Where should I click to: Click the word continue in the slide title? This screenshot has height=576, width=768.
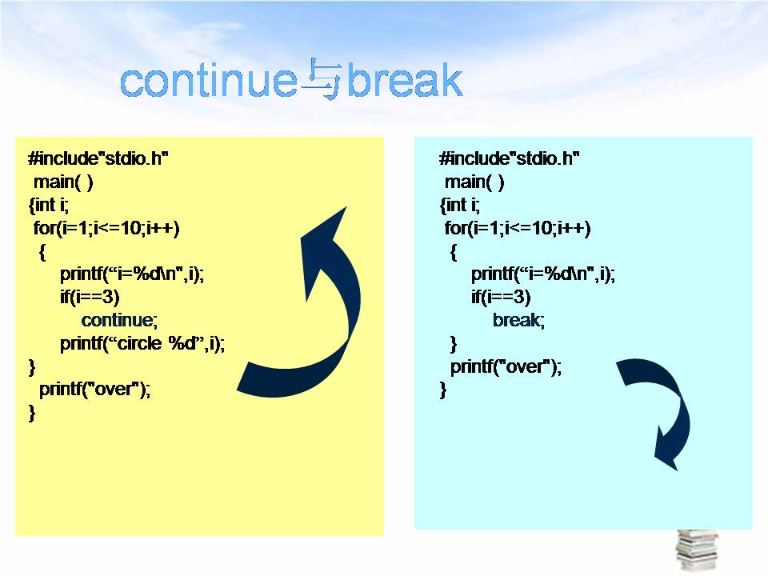208,81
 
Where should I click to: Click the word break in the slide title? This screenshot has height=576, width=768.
405,80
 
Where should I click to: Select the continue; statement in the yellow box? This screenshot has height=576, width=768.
119,320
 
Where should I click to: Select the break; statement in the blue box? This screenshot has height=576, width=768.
518,320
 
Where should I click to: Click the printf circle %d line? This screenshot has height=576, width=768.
142,343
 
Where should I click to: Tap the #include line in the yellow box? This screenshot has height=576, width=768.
98,158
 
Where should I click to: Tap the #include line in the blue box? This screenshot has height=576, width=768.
510,158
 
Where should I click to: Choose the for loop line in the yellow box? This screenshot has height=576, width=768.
106,228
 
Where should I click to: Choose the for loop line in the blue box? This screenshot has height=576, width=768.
518,228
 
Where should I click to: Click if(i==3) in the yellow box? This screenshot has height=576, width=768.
90,297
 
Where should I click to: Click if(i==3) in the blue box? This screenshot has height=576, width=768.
501,297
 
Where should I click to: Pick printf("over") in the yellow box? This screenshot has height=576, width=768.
94,389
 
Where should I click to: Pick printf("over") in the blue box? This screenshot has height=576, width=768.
506,366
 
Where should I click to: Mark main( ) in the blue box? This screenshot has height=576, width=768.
474,182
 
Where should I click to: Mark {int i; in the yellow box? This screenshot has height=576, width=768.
49,205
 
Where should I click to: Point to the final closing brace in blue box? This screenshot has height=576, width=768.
443,390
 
